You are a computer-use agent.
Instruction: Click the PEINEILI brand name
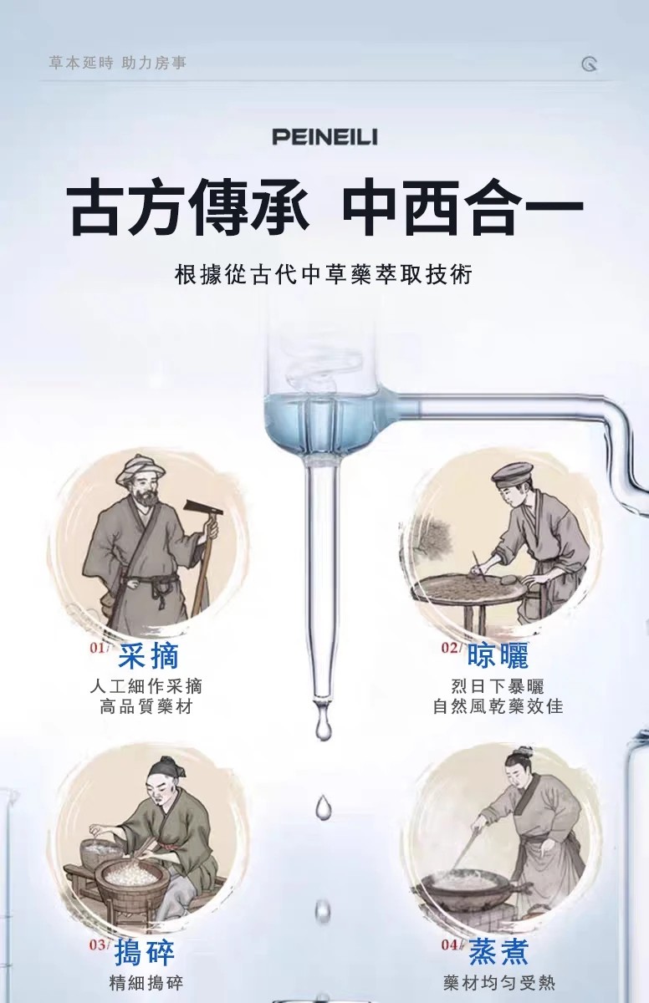coord(324,136)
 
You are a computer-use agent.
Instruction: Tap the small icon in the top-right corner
coord(590,64)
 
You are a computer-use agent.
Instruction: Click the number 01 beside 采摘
coord(97,648)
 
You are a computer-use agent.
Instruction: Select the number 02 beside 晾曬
coord(449,648)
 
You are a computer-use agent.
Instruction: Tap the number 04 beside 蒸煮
coord(450,933)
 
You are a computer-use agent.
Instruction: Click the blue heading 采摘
coord(149,656)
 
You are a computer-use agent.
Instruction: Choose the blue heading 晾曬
coord(498,655)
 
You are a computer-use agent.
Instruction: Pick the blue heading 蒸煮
coord(498,939)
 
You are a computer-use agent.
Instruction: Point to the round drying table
coord(471,589)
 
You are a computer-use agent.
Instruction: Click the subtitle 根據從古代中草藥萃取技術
coord(324,274)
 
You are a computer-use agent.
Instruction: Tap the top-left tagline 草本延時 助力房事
coord(117,64)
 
